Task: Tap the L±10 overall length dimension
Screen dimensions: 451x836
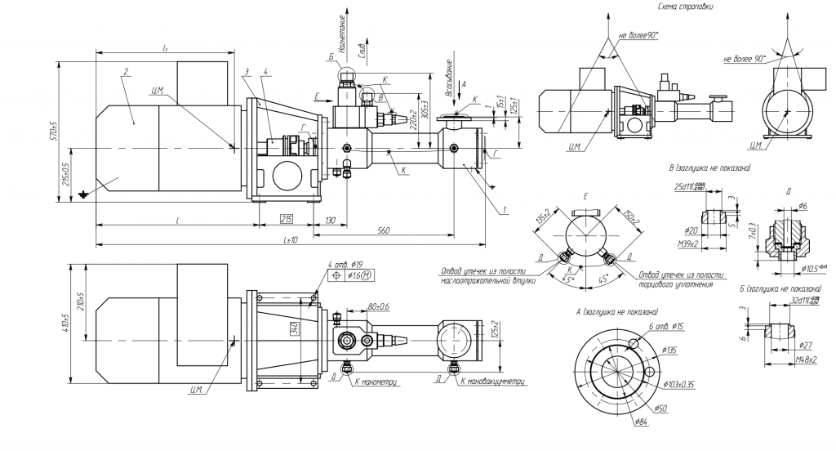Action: (290, 240)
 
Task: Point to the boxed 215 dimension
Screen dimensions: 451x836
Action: (287, 220)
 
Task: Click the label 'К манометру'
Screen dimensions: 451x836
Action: (377, 382)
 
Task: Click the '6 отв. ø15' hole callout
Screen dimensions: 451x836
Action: (665, 327)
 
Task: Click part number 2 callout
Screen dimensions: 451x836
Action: (125, 72)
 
